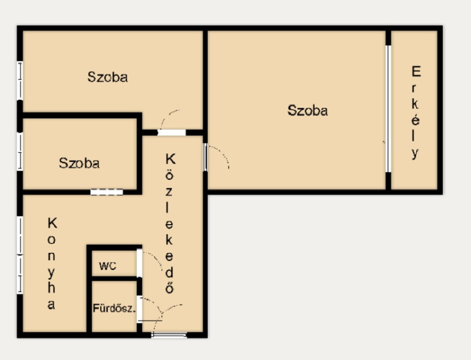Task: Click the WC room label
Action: pyautogui.click(x=108, y=266)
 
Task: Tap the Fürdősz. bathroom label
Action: pyautogui.click(x=114, y=308)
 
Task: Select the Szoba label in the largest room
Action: pyautogui.click(x=307, y=111)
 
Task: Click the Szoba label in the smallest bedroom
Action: pyautogui.click(x=79, y=163)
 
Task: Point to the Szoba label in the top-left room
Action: pyautogui.click(x=108, y=77)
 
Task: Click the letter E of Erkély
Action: pyautogui.click(x=416, y=71)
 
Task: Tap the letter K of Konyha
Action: pyautogui.click(x=52, y=223)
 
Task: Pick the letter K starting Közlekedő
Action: pyautogui.click(x=170, y=159)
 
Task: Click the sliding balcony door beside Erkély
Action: pyautogui.click(x=388, y=109)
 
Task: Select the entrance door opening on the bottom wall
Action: pyautogui.click(x=169, y=335)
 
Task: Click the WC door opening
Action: pyautogui.click(x=140, y=263)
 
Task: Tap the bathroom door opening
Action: pyautogui.click(x=140, y=309)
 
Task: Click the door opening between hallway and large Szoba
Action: pyautogui.click(x=205, y=157)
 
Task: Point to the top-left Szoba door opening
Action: pyautogui.click(x=171, y=132)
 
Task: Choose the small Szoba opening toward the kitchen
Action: pyautogui.click(x=107, y=192)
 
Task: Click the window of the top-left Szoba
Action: pyautogui.click(x=20, y=81)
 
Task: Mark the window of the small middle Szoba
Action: pyautogui.click(x=20, y=152)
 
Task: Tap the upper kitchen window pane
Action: pyautogui.click(x=20, y=235)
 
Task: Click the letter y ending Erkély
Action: pyautogui.click(x=415, y=154)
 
